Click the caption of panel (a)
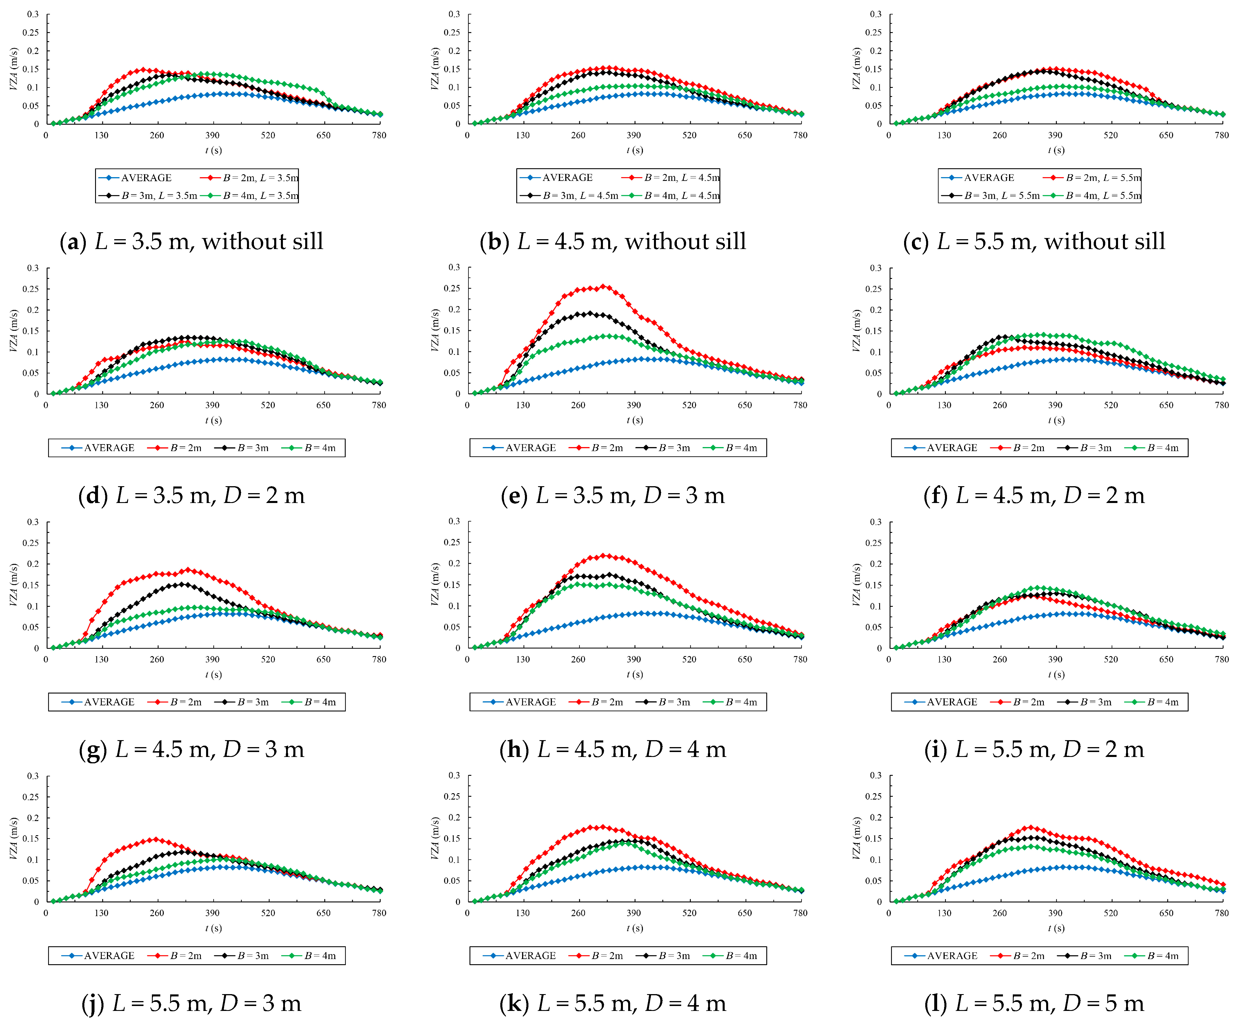191,241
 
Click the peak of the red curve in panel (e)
604,287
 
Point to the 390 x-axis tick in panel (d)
212,405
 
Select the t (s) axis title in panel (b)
635,150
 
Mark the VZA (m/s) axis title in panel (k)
436,838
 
